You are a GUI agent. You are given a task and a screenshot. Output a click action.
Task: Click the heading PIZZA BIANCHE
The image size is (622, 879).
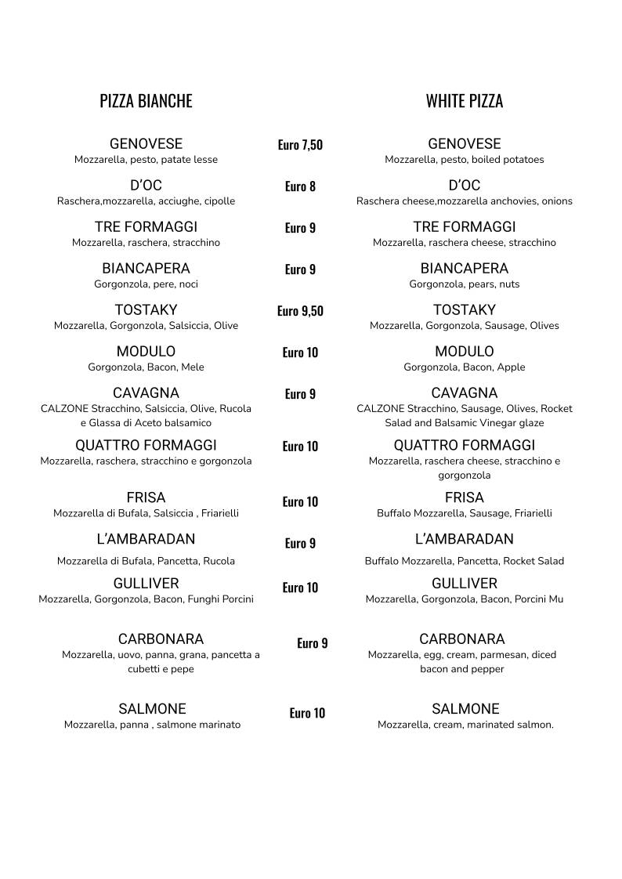pos(146,101)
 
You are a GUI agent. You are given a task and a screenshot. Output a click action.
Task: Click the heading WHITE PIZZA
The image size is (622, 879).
pos(465,101)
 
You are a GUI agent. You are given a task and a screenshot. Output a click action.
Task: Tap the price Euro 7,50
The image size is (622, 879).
pos(300,145)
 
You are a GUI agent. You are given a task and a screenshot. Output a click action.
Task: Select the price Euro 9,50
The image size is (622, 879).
pos(300,311)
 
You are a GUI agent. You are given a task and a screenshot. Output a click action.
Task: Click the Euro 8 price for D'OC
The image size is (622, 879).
pos(300,186)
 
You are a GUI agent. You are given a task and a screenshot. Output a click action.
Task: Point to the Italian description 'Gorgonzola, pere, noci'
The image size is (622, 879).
pos(146,284)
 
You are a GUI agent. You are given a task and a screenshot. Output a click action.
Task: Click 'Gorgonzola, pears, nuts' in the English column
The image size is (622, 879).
pos(465,284)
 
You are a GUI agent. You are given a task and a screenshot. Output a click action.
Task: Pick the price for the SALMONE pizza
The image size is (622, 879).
pos(307,713)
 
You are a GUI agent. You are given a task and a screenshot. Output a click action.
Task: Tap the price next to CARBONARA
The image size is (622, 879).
pos(313,643)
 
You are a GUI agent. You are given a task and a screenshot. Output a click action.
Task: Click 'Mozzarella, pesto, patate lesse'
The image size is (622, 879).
pos(146,160)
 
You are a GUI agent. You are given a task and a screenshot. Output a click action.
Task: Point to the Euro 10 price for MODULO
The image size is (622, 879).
pos(300,353)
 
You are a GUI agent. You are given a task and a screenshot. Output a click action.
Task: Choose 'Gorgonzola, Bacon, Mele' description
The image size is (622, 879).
pos(146,367)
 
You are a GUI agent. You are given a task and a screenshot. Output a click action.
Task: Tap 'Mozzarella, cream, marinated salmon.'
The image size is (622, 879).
pos(465,725)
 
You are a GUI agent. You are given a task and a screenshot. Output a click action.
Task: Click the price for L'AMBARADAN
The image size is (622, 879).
pos(300,544)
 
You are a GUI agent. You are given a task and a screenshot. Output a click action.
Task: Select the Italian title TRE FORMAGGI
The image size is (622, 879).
pos(146,227)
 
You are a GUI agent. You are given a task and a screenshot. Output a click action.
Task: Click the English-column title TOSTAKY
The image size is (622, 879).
pos(465,310)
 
